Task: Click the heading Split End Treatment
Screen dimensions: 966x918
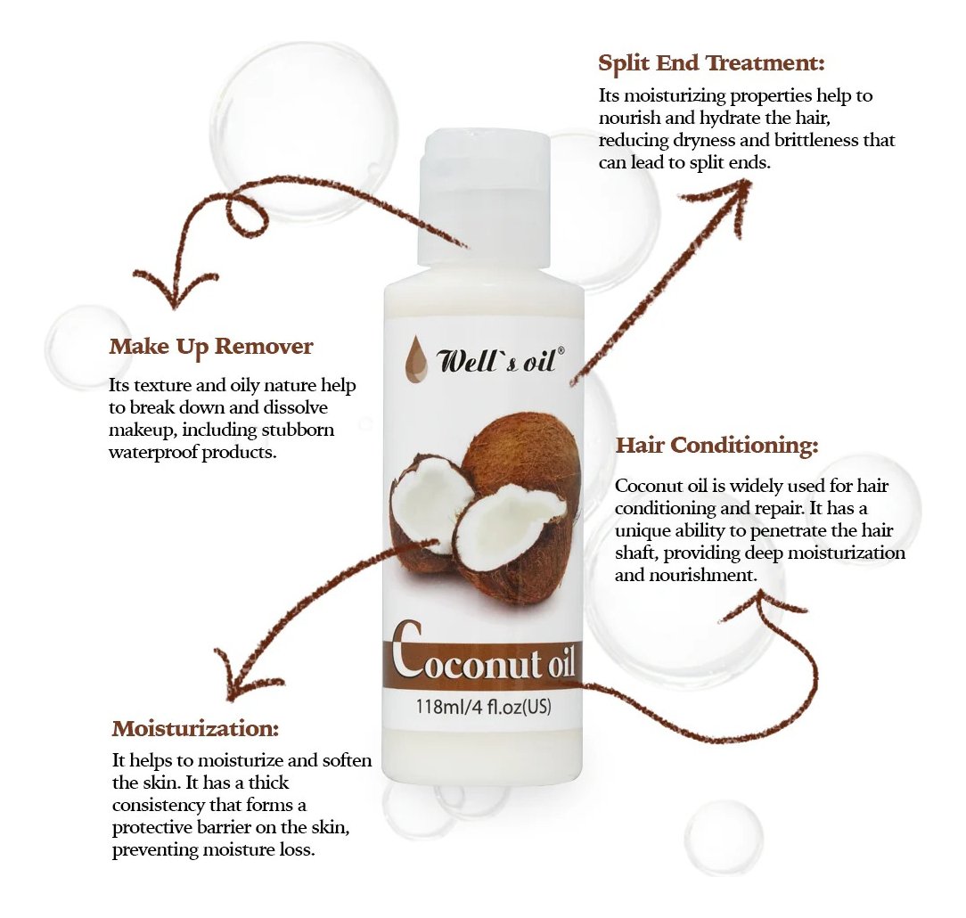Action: tap(711, 63)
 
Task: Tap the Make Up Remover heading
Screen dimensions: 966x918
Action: tap(211, 347)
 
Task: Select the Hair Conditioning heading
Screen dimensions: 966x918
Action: tap(717, 445)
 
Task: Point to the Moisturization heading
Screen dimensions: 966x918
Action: tap(195, 728)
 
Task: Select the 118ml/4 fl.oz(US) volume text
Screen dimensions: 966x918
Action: tap(484, 706)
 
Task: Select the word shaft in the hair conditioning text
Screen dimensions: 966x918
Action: tap(636, 552)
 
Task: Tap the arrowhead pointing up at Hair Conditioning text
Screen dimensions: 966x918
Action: tap(761, 603)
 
